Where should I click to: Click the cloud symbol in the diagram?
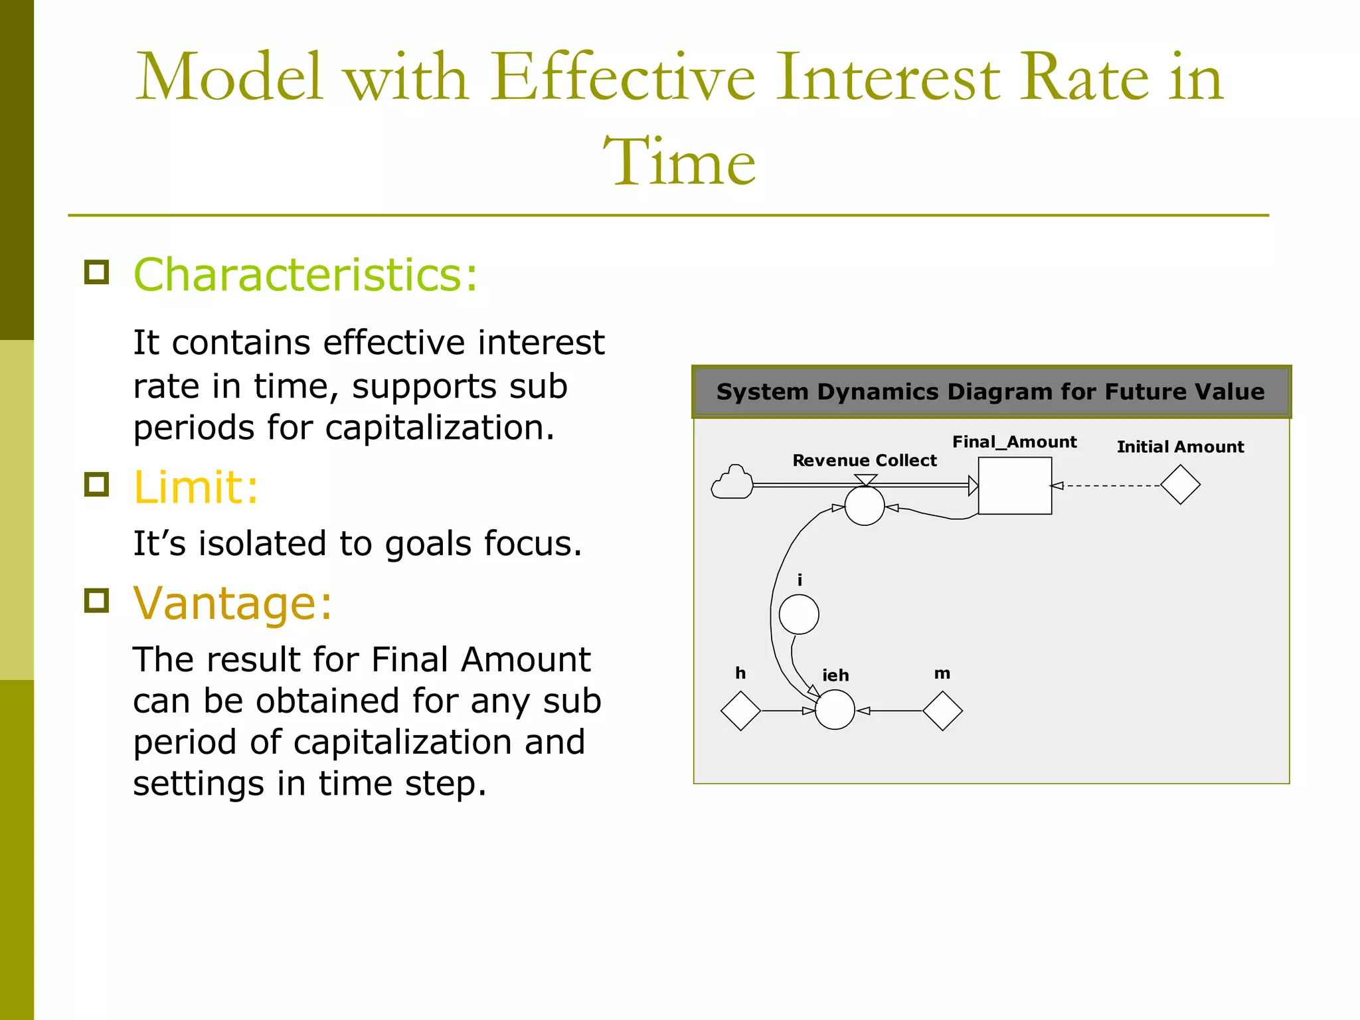click(x=732, y=483)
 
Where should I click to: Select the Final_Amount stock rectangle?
click(x=1015, y=485)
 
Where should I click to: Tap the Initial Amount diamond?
click(x=1180, y=485)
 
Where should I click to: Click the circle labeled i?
click(x=799, y=614)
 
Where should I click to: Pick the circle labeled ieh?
click(x=835, y=710)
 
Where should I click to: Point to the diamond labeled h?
click(x=740, y=711)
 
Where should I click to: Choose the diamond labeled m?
click(x=942, y=711)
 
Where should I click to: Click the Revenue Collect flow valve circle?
click(x=864, y=506)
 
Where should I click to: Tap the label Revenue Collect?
click(x=864, y=460)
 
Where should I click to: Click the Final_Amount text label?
click(x=1014, y=442)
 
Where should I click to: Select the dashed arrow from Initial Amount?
click(x=1109, y=485)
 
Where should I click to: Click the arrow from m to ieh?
click(x=890, y=711)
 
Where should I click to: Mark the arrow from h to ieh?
click(x=787, y=711)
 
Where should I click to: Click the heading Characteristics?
click(x=305, y=274)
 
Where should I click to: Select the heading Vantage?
click(x=232, y=603)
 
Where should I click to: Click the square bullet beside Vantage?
click(x=97, y=600)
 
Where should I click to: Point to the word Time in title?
click(x=679, y=161)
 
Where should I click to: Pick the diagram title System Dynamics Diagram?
click(x=991, y=391)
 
